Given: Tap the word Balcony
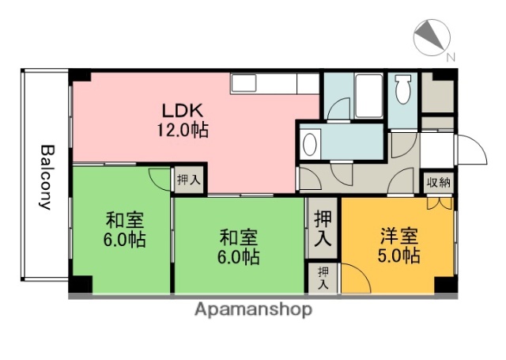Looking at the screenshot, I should coord(47,176).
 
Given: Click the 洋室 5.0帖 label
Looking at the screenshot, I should coord(398,246).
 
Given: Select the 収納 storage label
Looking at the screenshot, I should coord(439,183).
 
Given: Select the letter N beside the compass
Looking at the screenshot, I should coord(450,57).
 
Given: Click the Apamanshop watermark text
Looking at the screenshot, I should coord(253,309).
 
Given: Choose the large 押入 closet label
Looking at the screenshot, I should coord(323,225).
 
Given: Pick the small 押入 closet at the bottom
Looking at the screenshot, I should coord(323,278).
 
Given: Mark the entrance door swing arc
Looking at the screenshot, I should coord(470,150).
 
